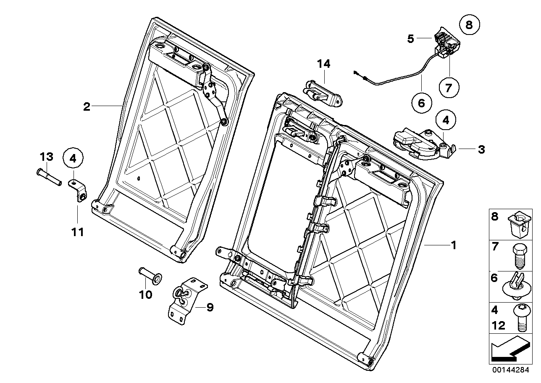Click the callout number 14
click(x=323, y=64)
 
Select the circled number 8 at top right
click(x=469, y=25)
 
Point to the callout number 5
click(x=410, y=39)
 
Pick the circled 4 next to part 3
click(x=445, y=120)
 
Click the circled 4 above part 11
click(x=73, y=159)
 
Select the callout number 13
click(x=46, y=157)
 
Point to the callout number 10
click(x=145, y=295)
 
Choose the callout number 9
click(x=210, y=308)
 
